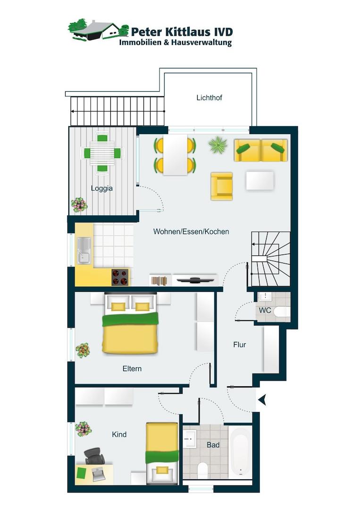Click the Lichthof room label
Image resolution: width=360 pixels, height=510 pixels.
click(x=209, y=98)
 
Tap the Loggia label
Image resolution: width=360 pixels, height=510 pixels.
click(x=102, y=188)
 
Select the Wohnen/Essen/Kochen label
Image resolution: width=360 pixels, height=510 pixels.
click(x=191, y=231)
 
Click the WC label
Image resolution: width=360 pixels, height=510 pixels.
click(x=265, y=310)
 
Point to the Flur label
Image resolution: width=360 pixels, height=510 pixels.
click(x=240, y=345)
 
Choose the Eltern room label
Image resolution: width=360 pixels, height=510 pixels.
click(x=132, y=369)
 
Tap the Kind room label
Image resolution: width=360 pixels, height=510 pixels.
click(x=119, y=434)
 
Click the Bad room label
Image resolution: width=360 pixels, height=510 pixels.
click(x=213, y=445)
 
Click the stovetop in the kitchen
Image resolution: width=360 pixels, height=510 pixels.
click(x=120, y=277)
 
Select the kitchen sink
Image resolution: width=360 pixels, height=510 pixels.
click(x=84, y=250)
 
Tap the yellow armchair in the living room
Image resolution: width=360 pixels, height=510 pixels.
click(x=222, y=186)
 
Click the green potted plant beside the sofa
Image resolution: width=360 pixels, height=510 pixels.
click(x=218, y=145)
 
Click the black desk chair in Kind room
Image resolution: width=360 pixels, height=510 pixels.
click(x=94, y=456)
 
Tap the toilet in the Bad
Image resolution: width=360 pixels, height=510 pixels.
click(x=202, y=470)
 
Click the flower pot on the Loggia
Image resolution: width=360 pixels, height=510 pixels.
click(x=79, y=205)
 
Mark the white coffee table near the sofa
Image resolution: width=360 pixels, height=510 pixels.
click(x=260, y=180)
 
